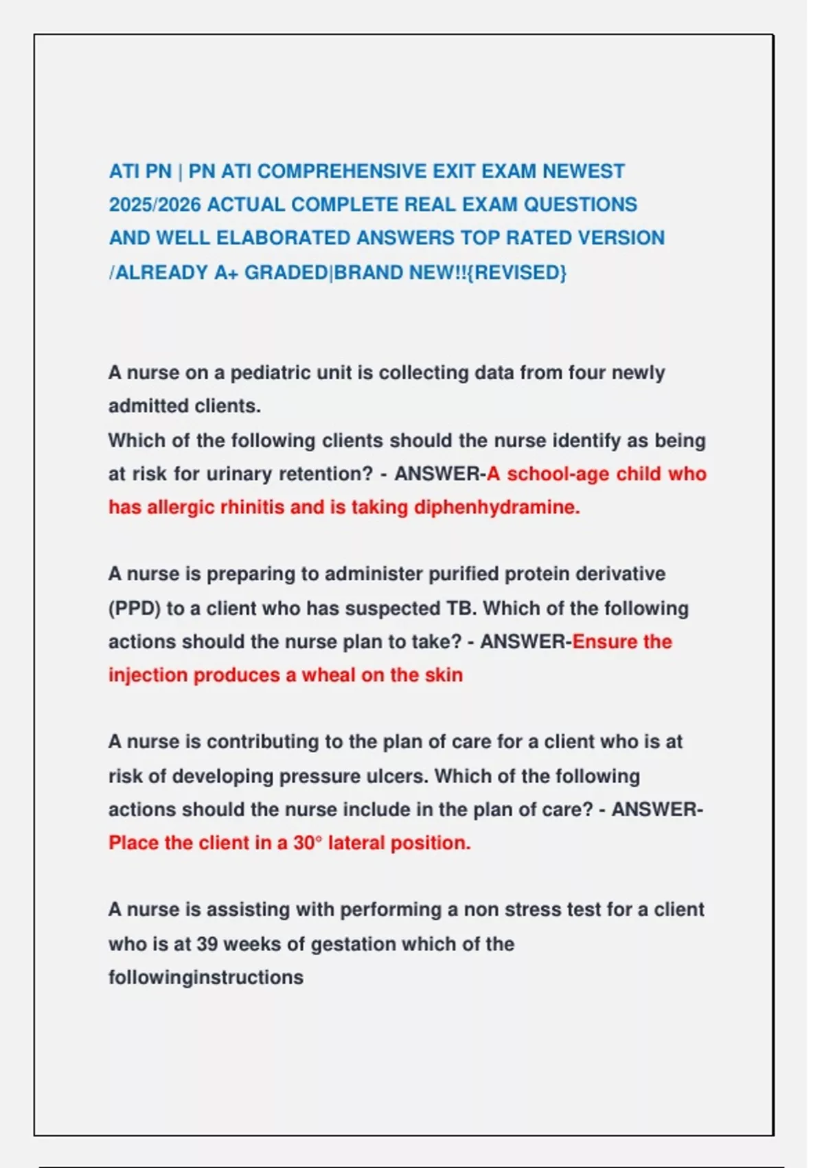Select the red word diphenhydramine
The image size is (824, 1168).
point(497,507)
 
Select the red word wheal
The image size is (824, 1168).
point(328,675)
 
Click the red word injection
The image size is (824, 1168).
point(148,675)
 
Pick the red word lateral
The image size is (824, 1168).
point(356,842)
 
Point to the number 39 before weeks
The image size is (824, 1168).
point(207,944)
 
